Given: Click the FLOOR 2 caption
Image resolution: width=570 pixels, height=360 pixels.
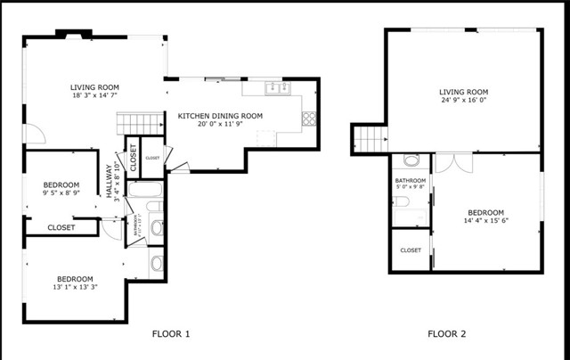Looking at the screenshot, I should (447, 334).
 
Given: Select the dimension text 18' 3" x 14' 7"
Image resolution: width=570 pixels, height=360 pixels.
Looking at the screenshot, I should (95, 95).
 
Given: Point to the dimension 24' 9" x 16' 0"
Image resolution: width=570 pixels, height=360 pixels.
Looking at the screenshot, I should (464, 101).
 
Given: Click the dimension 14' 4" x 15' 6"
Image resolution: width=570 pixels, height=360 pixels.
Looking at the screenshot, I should (485, 221).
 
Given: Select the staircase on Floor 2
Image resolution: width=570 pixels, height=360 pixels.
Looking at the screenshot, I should (370, 138).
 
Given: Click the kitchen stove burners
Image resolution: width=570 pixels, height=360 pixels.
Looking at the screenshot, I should (309, 117).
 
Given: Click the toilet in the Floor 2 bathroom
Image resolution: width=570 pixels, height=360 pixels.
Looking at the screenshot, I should (411, 161).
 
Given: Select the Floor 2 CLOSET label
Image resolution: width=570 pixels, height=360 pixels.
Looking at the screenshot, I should (411, 250).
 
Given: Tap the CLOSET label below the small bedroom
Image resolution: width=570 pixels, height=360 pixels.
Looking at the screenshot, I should (61, 227).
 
